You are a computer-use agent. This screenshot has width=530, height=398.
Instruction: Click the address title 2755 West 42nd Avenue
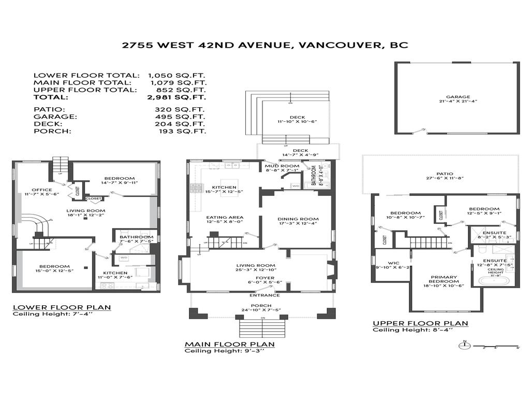pos(265,45)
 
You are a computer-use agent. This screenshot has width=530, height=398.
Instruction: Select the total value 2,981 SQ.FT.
pos(176,97)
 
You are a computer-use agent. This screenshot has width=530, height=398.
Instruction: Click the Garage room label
pos(458,97)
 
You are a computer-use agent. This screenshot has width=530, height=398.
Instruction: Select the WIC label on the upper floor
pos(392,265)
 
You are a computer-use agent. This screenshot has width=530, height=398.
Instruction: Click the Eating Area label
pos(225,218)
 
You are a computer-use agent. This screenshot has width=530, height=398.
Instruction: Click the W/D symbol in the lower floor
pos(124,258)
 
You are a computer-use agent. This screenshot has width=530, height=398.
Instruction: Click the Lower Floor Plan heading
pos(62,307)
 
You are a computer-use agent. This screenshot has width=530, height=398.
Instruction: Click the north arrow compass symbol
pos(465,345)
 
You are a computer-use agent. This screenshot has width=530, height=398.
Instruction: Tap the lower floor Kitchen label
pos(115,273)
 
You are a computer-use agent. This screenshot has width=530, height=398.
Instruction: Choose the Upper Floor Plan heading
pos(420,323)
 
